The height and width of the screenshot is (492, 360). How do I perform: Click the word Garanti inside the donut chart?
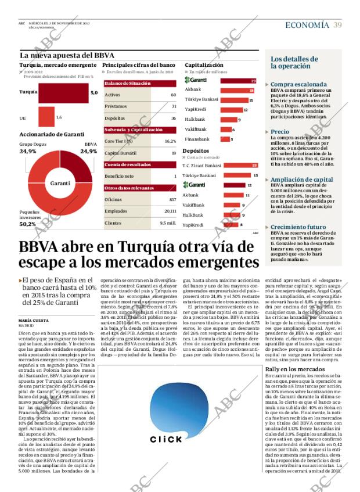pos(60,183)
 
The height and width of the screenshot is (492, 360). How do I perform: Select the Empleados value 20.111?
pos(170,211)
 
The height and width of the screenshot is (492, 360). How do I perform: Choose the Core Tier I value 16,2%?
pos(170,141)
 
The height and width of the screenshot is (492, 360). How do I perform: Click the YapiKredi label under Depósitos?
pos(193,225)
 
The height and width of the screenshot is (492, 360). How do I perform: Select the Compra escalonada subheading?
pos(294,85)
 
